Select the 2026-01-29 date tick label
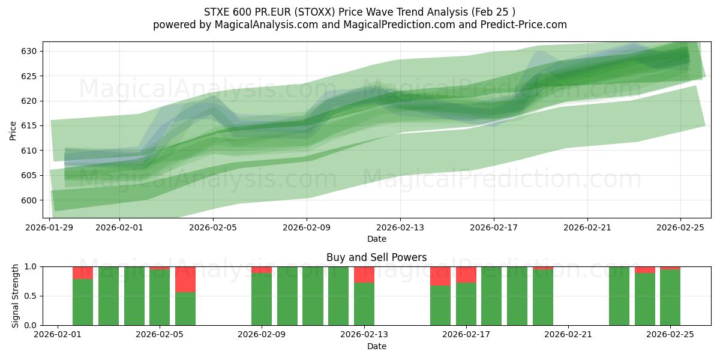pos(50,227)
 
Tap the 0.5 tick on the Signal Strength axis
pos(31,296)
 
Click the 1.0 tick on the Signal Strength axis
pos(31,266)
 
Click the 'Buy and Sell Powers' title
pos(376,257)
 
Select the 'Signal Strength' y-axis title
pos(15,296)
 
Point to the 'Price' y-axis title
pos(13,130)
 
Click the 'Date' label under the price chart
pos(376,239)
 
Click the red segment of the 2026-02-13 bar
pos(364,274)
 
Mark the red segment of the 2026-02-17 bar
pos(466,274)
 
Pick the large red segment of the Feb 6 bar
pos(185,279)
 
